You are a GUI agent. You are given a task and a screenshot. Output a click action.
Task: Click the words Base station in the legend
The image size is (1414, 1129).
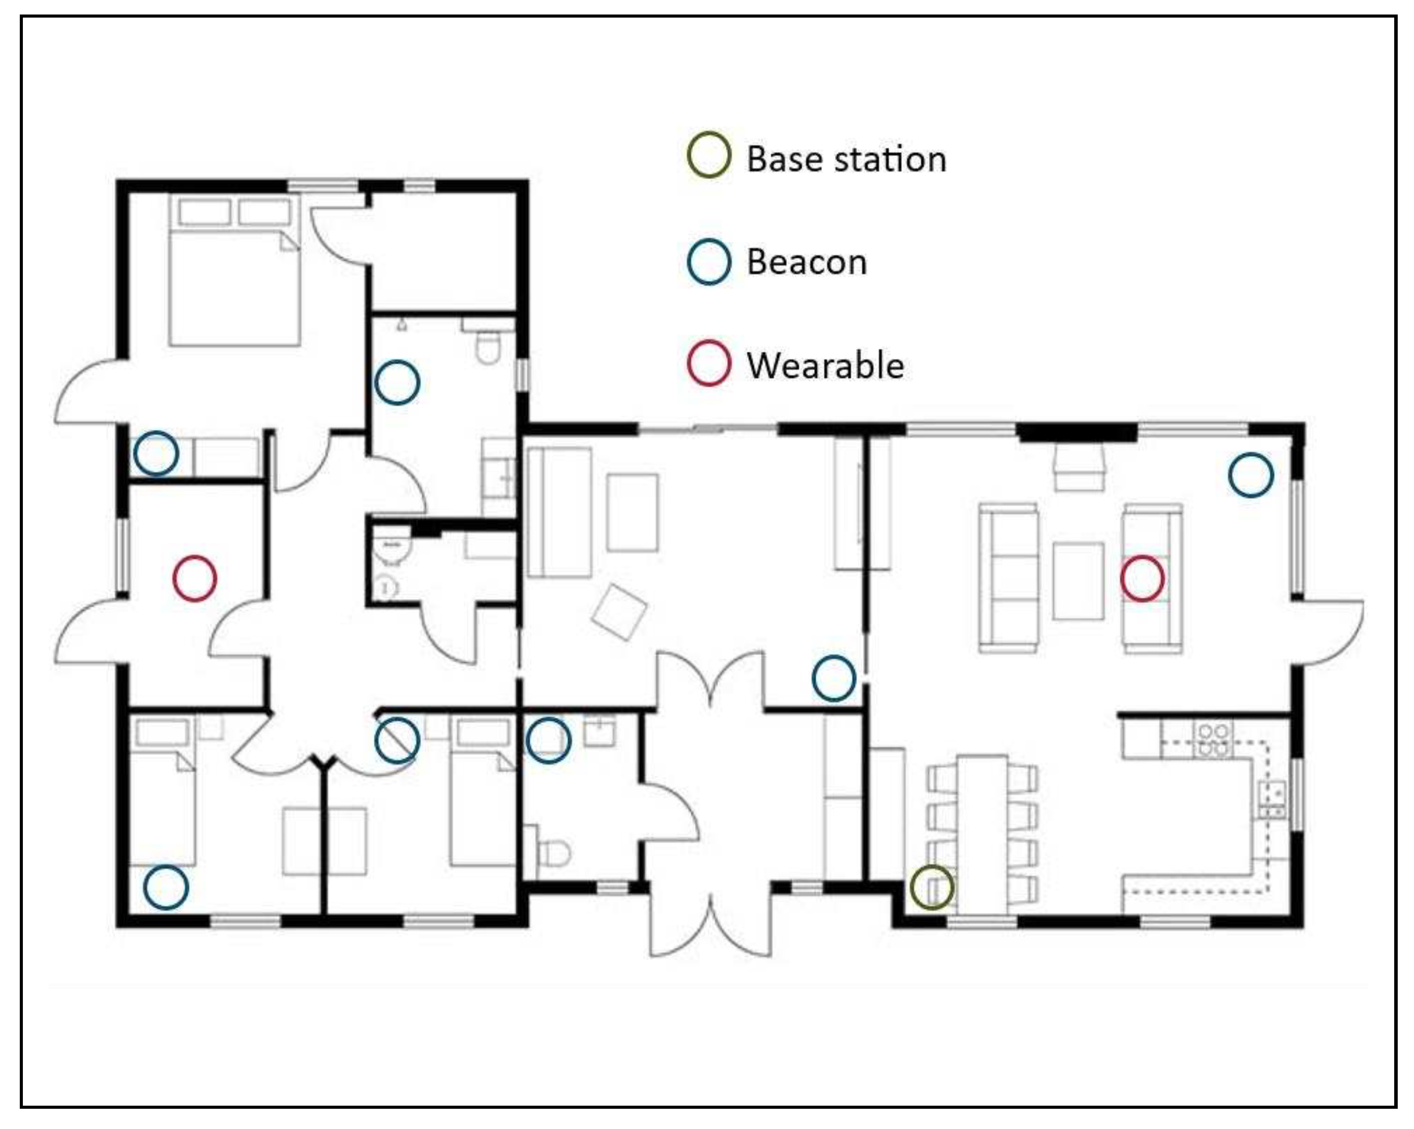point(846,159)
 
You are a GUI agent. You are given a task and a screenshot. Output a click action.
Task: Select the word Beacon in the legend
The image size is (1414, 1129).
point(807,263)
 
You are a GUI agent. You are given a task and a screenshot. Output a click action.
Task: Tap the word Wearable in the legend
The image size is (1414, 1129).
point(825,365)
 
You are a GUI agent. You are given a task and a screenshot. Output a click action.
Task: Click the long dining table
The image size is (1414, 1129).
point(983,834)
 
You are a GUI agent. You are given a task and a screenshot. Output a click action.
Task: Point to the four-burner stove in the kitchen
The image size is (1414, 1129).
point(1212,740)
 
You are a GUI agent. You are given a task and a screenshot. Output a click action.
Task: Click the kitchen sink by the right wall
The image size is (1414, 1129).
point(1271,800)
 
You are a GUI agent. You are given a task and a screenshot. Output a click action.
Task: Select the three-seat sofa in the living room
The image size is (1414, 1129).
point(1008,578)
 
